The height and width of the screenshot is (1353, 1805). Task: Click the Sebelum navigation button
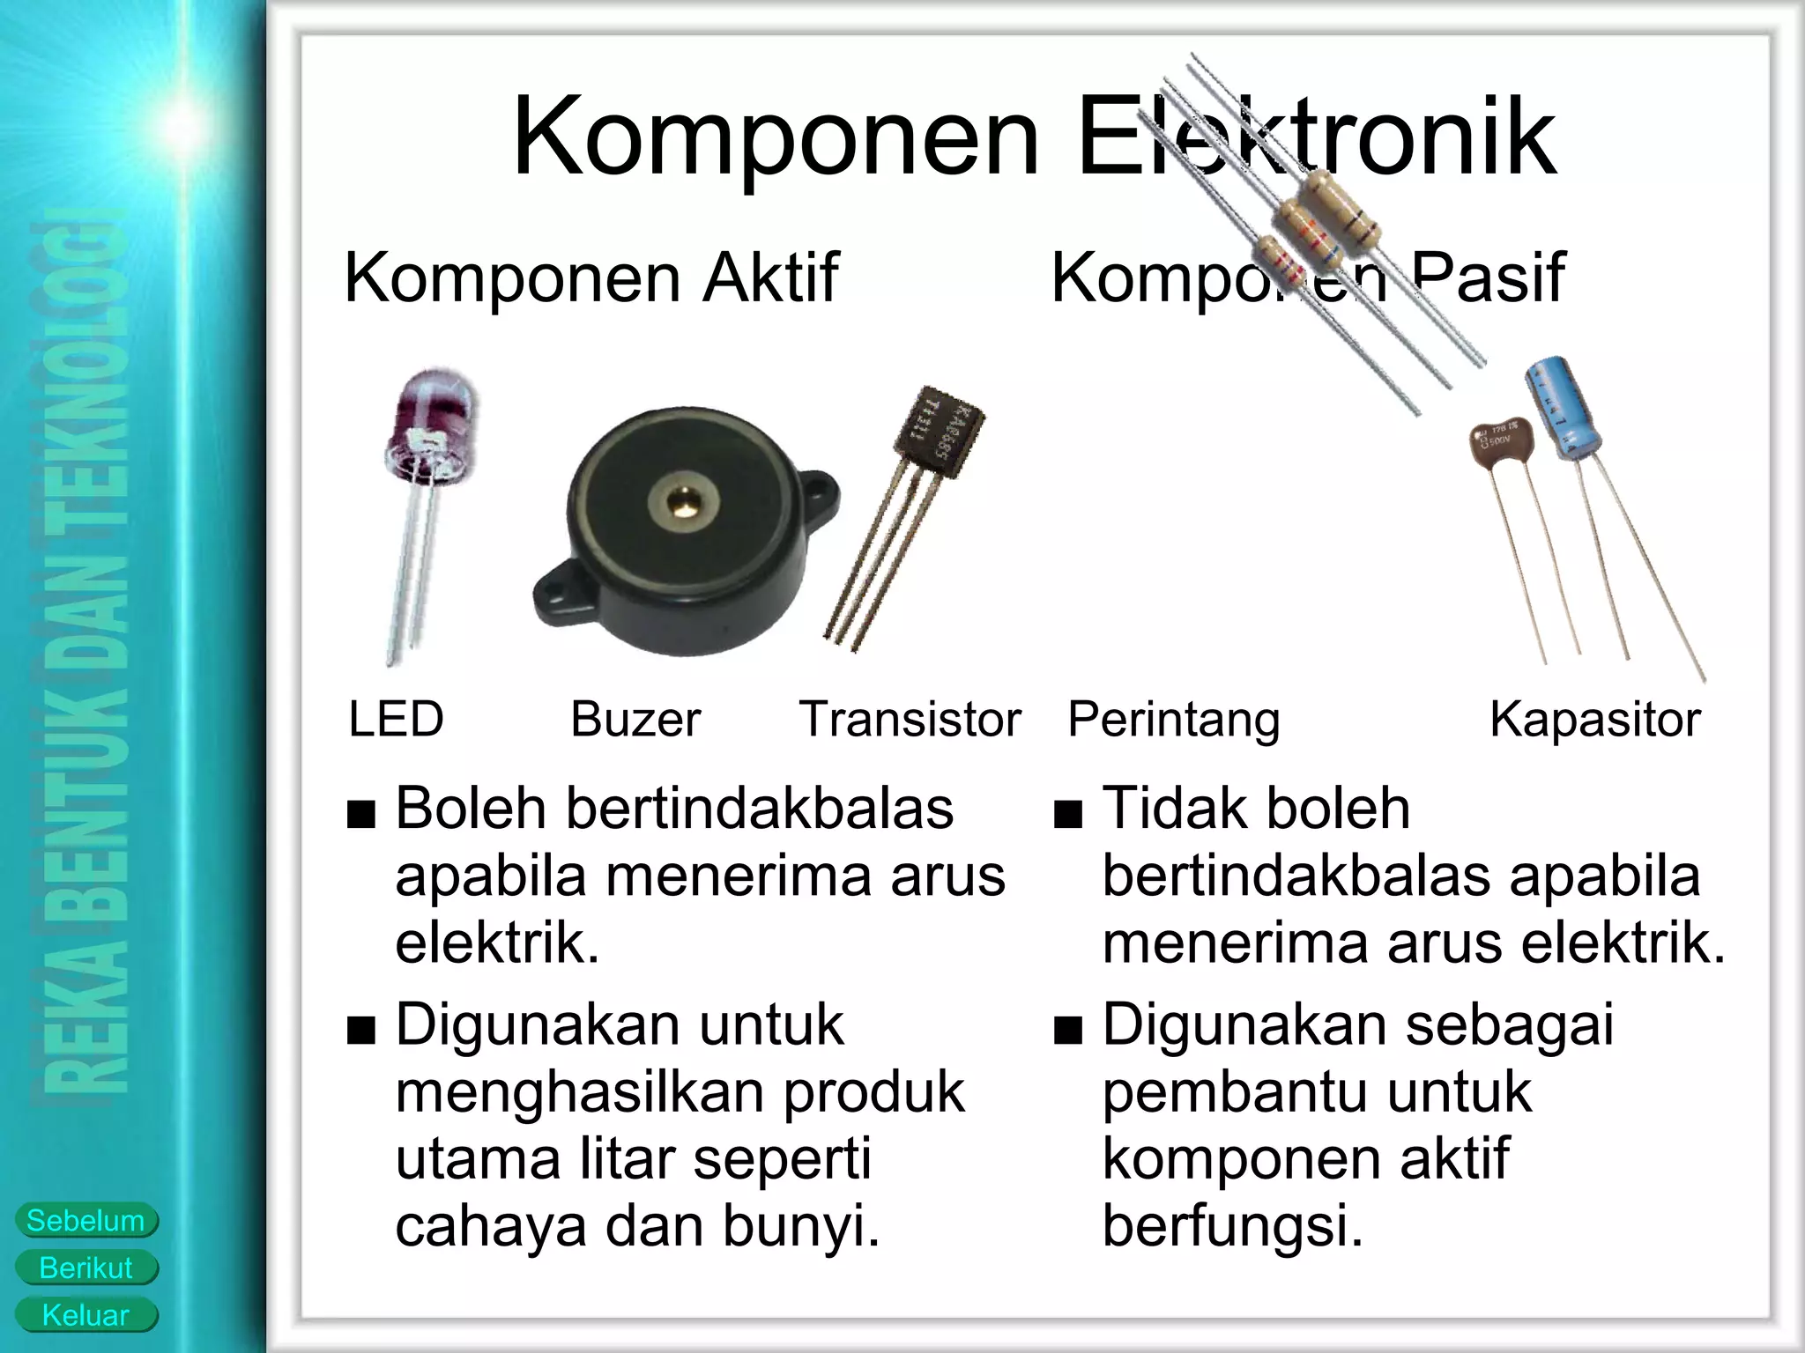85,1221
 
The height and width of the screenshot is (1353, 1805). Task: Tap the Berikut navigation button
85,1268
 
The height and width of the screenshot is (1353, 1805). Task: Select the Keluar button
85,1316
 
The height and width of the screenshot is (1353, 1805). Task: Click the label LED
396,719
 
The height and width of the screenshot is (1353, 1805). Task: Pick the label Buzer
635,719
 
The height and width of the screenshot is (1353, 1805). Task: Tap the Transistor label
910,719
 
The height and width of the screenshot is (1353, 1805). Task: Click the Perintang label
1173,719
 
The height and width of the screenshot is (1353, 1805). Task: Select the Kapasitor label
1594,719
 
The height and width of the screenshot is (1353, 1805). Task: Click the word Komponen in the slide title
776,138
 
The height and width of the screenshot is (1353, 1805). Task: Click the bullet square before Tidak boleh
1067,815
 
